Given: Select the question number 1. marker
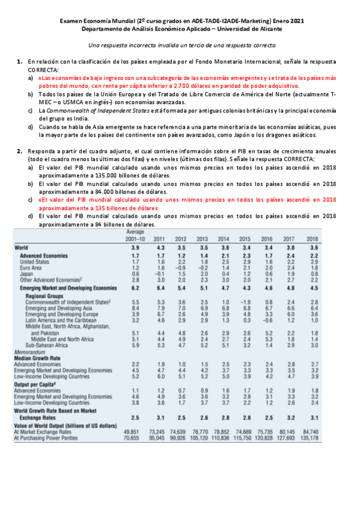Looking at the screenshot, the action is point(19,62).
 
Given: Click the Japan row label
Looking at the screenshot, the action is point(26,272).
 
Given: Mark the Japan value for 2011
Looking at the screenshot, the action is point(159,272).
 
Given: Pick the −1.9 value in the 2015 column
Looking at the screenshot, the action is point(243,301).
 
